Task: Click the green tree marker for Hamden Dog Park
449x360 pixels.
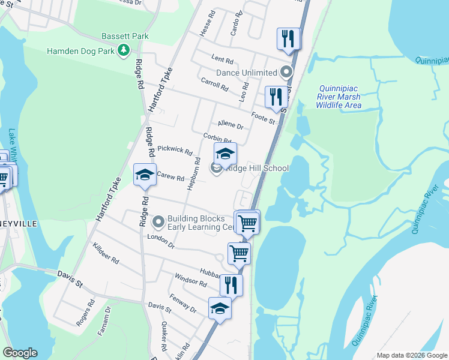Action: (x=124, y=50)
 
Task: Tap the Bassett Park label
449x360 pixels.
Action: (x=125, y=37)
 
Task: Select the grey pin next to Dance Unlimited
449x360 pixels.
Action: (x=286, y=73)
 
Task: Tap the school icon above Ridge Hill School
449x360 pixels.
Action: (x=226, y=154)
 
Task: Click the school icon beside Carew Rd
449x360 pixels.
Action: (x=145, y=175)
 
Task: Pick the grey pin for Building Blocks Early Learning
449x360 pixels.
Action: (x=158, y=223)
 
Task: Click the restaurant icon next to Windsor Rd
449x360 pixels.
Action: (x=231, y=284)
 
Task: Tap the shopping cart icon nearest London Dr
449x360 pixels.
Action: (x=239, y=253)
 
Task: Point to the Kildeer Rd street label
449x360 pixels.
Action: (x=106, y=254)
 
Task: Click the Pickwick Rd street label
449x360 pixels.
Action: (x=175, y=150)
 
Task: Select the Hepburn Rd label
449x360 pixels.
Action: (x=194, y=175)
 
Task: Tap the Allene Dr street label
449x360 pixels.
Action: (x=231, y=125)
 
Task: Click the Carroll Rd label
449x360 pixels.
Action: (x=214, y=85)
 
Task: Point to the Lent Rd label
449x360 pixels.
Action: (x=222, y=59)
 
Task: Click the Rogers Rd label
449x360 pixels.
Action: (x=86, y=313)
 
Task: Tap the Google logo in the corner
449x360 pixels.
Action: (x=20, y=353)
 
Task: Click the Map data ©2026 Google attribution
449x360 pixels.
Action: (x=412, y=355)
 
